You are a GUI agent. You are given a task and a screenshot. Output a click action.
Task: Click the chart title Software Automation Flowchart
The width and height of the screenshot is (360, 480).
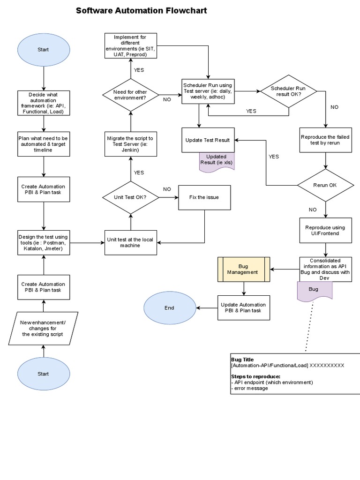pos(142,11)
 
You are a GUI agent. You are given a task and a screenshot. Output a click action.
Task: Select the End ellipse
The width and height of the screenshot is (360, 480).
pos(169,308)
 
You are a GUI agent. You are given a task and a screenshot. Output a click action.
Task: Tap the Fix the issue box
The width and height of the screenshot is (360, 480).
pos(204,197)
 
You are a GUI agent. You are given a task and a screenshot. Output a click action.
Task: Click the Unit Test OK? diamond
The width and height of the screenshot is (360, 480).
pos(130,197)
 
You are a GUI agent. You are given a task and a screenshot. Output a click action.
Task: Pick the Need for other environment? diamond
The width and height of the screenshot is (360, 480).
pos(130,95)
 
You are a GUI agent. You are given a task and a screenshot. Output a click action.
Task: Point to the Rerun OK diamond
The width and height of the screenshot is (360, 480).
pos(325,185)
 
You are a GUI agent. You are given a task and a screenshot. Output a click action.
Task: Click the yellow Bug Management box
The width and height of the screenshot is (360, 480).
pos(244,269)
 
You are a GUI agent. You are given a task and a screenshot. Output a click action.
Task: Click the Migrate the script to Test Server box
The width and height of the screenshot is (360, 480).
pos(130,143)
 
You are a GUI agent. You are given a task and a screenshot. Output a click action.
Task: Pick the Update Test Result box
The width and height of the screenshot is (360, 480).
pos(208,140)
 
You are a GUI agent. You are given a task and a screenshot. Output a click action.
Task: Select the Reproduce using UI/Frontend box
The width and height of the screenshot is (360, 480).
pos(325,230)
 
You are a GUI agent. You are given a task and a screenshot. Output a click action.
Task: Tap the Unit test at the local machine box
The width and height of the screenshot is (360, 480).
pos(130,242)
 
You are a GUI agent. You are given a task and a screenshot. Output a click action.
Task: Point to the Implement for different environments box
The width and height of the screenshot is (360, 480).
pos(130,45)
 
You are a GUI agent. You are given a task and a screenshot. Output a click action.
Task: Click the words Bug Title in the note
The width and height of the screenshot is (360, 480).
pos(242,360)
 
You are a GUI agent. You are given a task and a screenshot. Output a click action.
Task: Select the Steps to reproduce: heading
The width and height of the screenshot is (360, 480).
pos(255,376)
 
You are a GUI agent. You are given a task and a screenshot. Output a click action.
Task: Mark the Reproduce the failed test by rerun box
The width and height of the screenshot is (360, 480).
pos(325,140)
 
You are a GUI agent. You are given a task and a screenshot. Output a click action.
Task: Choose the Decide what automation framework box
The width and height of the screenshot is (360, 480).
pos(43,104)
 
